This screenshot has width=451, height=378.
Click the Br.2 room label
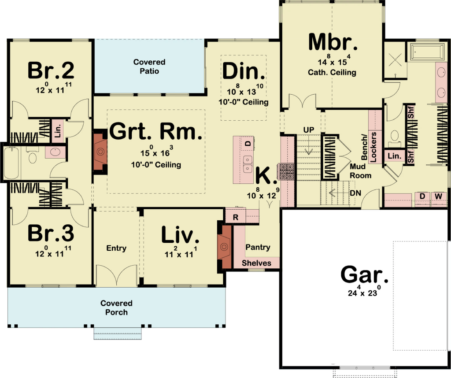pyautogui.click(x=51, y=70)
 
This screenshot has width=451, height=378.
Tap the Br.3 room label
pyautogui.click(x=51, y=233)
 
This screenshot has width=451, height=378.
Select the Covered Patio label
pyautogui.click(x=149, y=67)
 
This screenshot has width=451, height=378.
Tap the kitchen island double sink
pyautogui.click(x=247, y=164)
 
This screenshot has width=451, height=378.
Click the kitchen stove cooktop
pyautogui.click(x=285, y=172)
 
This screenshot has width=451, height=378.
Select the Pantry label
pyautogui.click(x=258, y=247)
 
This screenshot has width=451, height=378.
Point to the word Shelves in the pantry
pyautogui.click(x=256, y=263)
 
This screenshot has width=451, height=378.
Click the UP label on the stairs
pyautogui.click(x=309, y=130)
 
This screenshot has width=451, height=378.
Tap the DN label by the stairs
pyautogui.click(x=355, y=193)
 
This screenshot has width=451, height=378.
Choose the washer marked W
pyautogui.click(x=438, y=196)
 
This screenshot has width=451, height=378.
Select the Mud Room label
pyautogui.click(x=360, y=171)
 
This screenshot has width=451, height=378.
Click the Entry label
pyautogui.click(x=116, y=248)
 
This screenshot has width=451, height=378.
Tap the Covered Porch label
pyautogui.click(x=116, y=308)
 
